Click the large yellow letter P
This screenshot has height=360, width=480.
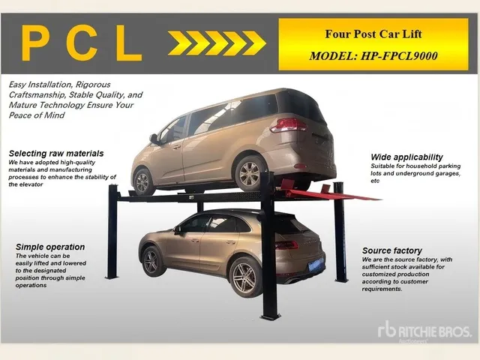pos(35,43)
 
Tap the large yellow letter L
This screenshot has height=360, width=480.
pos(128,43)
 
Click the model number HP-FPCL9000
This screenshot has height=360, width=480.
pos(399,56)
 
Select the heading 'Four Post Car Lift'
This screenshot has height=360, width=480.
pos(373,34)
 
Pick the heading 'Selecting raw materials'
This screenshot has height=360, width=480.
pos(56,153)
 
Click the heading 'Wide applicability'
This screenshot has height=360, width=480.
pos(406,157)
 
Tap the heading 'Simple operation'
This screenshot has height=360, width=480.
pos(50,247)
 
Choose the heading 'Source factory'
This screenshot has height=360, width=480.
pos(391,250)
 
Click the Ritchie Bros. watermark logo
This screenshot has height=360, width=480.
pos(424,331)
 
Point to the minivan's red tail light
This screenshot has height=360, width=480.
pos(288,125)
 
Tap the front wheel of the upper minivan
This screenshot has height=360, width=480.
pos(142,181)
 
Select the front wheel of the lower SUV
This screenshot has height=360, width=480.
pos(151,262)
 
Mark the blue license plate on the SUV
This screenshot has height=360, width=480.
pos(316,265)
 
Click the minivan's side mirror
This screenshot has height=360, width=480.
pos(153,139)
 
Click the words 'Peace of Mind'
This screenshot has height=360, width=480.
pos(37,115)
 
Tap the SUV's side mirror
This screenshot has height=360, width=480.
pos(177,230)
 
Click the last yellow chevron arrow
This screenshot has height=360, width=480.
pos(254,43)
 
